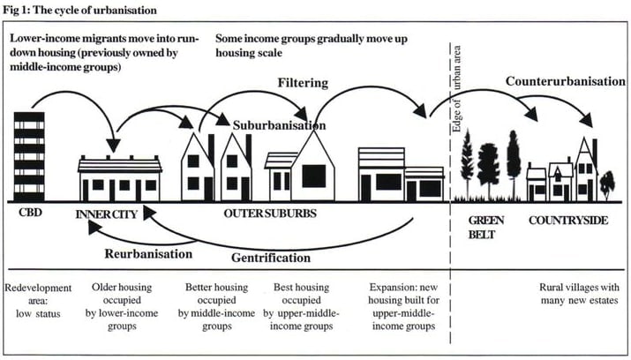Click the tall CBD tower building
click(29, 157)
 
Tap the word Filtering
click(303, 83)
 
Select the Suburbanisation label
click(279, 125)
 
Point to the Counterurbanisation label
click(566, 81)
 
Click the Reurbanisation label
click(148, 254)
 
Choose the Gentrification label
click(271, 258)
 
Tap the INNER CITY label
click(107, 214)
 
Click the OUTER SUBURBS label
click(270, 214)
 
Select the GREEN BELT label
click(485, 228)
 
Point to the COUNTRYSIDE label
click(568, 221)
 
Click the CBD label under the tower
click(30, 212)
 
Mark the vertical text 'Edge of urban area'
click(457, 89)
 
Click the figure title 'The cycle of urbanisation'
click(94, 10)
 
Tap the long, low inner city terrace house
click(120, 178)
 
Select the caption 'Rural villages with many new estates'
click(579, 294)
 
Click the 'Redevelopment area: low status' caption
click(38, 301)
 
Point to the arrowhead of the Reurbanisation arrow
click(94, 228)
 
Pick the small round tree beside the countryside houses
click(607, 185)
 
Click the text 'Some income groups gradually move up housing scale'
click(312, 46)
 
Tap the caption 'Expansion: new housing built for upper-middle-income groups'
click(403, 306)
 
